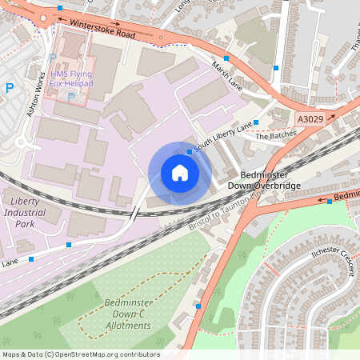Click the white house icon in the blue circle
point(180,173)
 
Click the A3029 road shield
point(310,118)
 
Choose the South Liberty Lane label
point(223,135)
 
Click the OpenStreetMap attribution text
point(81,354)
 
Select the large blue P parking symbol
point(10,88)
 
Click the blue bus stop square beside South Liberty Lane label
point(190,151)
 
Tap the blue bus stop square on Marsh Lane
point(226,58)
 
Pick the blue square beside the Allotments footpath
point(198,306)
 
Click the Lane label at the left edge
point(9,262)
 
